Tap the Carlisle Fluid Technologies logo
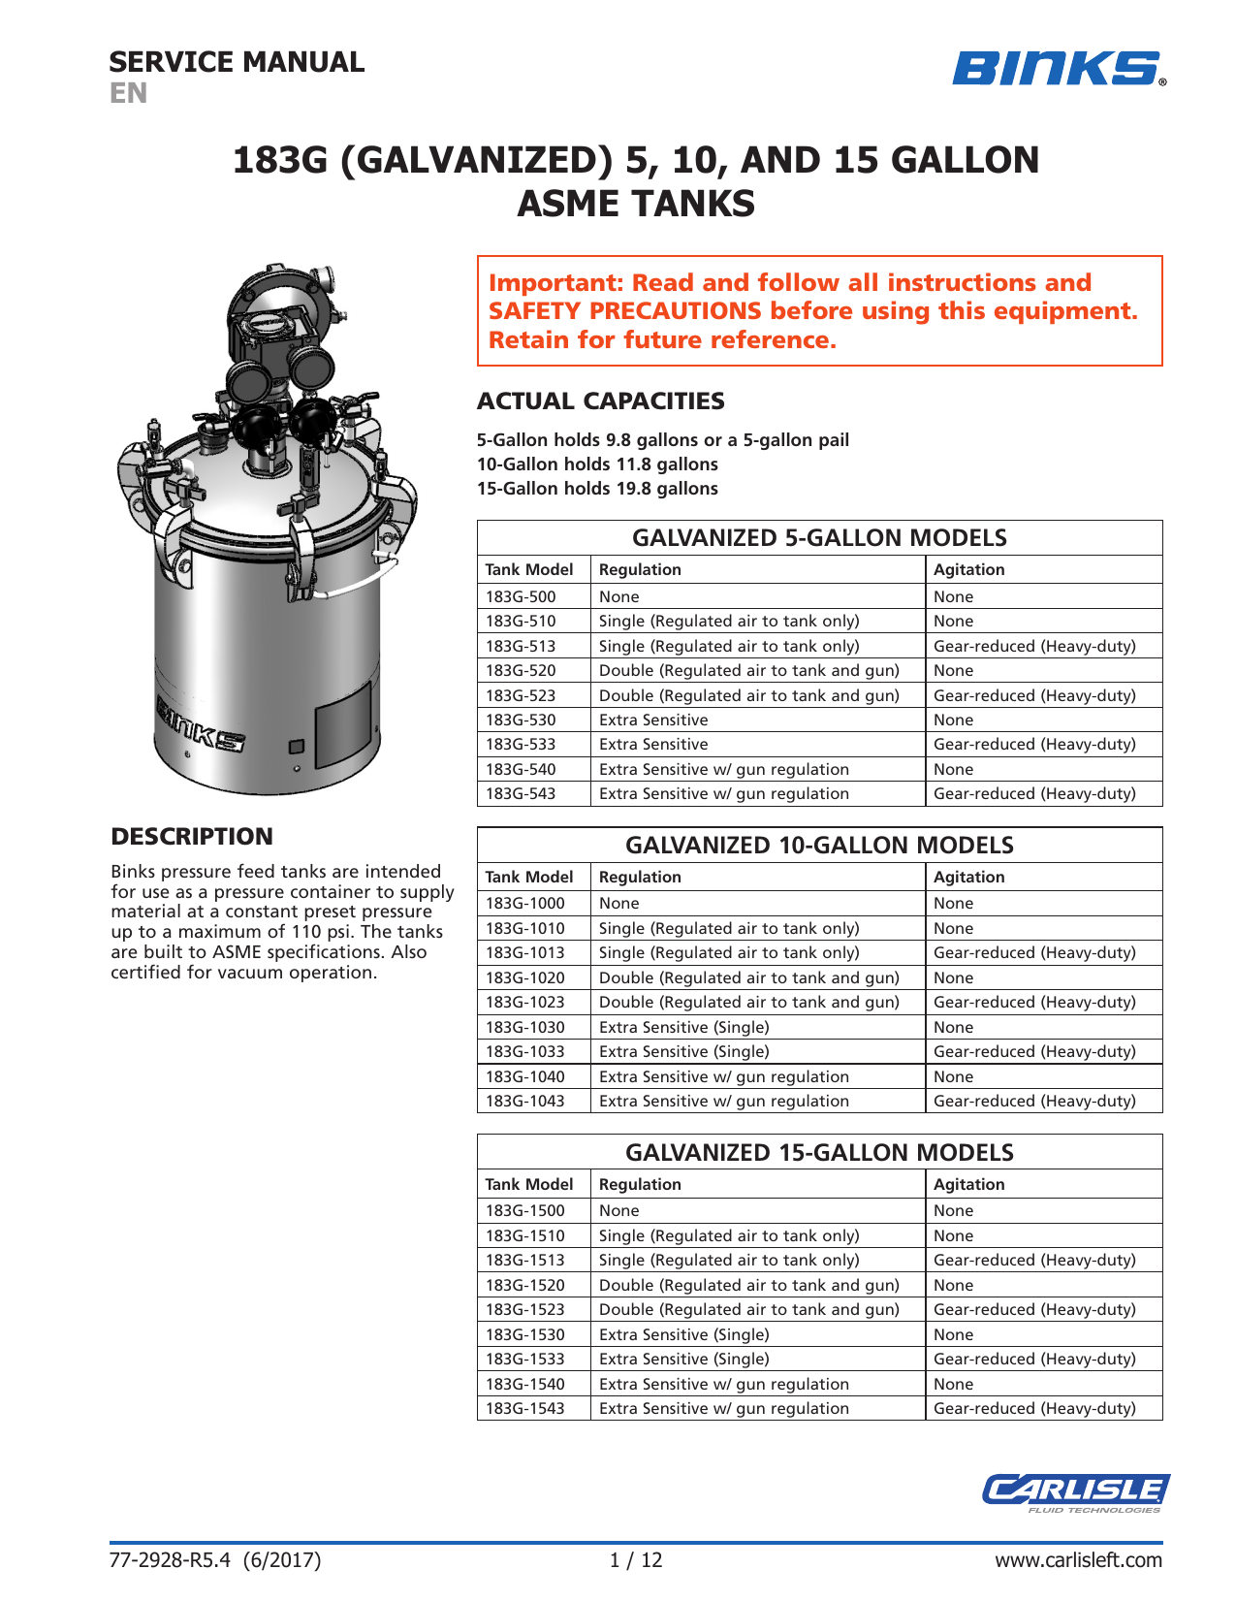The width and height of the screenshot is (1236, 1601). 1075,1491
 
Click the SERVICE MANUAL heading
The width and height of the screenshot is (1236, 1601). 237,62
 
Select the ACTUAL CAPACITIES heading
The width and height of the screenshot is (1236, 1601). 600,400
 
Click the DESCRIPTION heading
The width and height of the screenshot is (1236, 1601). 192,836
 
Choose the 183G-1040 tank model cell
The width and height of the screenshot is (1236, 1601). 524,1076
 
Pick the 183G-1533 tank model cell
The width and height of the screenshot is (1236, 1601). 524,1359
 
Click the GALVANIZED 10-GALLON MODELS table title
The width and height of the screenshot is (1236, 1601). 819,845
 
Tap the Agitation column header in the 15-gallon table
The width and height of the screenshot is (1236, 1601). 968,1184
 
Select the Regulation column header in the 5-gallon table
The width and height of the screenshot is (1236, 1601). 640,569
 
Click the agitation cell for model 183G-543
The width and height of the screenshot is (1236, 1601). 1034,793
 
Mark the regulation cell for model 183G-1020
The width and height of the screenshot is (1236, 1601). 748,977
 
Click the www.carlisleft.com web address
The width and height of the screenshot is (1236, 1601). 1078,1559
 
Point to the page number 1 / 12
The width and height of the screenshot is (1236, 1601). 636,1559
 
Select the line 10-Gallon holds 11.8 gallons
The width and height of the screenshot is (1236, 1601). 597,464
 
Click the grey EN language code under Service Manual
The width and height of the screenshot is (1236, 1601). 128,93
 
